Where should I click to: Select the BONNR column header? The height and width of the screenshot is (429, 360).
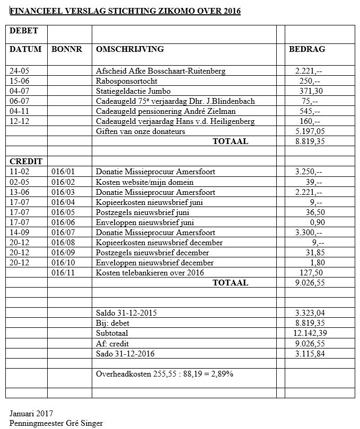[x=67, y=49]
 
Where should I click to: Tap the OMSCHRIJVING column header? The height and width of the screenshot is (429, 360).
[x=130, y=49]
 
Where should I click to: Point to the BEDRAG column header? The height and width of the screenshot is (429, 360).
[x=307, y=49]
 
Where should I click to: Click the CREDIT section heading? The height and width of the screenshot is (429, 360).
[x=25, y=162]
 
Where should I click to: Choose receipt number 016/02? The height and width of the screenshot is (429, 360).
[x=63, y=182]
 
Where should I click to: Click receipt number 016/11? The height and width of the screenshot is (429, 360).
[x=63, y=273]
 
